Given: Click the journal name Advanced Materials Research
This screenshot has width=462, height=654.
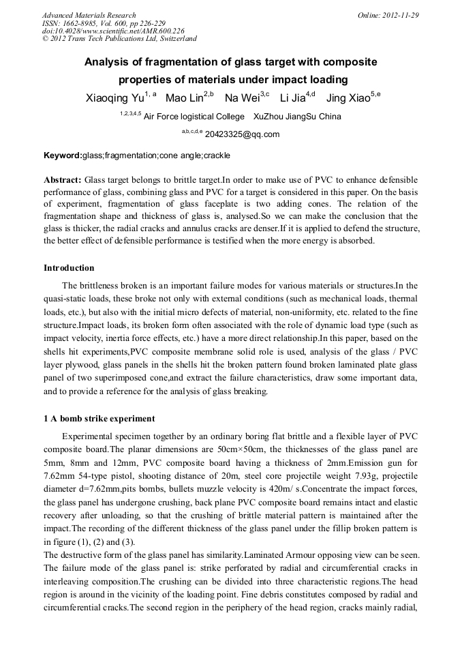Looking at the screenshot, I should coord(89,15).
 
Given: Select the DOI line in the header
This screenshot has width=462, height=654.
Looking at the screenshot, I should coord(113,31).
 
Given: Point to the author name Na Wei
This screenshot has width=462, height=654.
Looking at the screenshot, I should coord(242,98).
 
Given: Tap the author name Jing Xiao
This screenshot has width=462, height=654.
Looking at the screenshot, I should coord(348,98).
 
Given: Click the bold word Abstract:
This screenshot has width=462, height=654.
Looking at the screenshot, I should coord(63,179).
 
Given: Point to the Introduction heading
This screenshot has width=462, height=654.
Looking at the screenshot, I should coord(69,267).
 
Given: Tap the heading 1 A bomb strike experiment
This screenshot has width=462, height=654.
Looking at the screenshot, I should coord(99,418).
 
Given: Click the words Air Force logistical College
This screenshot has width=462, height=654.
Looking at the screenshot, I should coord(189,117).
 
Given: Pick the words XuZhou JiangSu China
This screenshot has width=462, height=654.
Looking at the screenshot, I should coord(297,117).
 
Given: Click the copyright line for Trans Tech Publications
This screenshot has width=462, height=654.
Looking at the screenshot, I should coord(119,39).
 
